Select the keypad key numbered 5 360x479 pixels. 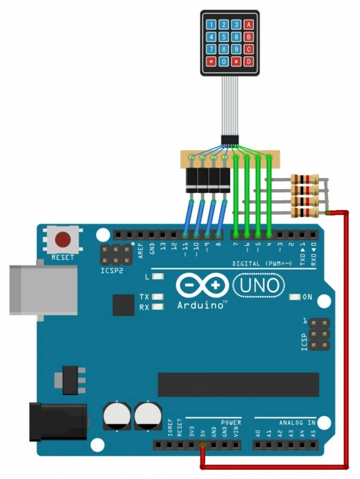coord(225,36)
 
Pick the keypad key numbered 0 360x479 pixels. coord(225,61)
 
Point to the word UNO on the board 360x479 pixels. coord(259,285)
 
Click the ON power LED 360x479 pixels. coord(295,297)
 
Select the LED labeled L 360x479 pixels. coord(158,277)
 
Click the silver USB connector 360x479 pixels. coord(43,290)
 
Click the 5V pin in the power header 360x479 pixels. coord(202,445)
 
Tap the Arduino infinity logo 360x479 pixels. coord(202,285)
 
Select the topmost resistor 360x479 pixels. coord(305,179)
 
